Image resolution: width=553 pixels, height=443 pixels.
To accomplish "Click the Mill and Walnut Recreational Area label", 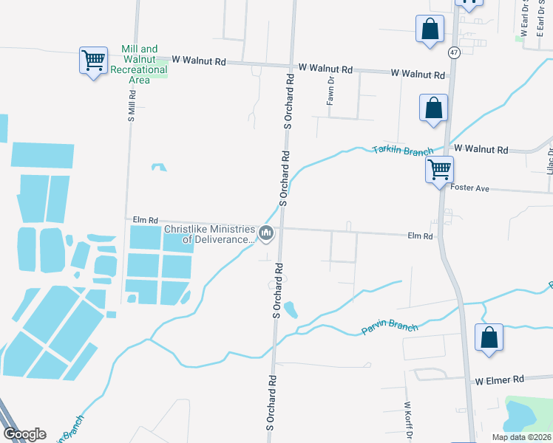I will pos(139,64).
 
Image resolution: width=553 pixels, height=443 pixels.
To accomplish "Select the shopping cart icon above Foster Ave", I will pos(439,170).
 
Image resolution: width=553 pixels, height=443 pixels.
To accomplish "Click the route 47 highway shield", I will pos(453,52).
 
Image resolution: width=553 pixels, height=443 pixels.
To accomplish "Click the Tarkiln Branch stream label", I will pos(402,151).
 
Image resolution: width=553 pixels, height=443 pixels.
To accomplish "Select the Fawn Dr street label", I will pos(332,90).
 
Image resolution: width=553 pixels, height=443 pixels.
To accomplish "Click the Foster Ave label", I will pos(469,188).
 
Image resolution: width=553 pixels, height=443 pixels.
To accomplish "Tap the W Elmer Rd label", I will pos(499,379).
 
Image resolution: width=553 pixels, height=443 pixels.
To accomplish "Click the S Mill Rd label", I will pos(132,106).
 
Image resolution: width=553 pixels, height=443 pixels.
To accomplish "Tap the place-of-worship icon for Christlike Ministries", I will pos(267,234).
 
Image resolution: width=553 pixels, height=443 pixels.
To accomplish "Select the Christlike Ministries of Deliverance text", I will pos(209,234).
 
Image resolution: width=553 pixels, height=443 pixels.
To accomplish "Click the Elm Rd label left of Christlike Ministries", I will pos(146,220).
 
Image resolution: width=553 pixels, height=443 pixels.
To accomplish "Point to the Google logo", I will pos(24,434).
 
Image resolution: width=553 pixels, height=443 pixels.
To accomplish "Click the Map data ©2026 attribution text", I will pos(520,437).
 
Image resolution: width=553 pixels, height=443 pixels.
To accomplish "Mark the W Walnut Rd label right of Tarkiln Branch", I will pos(481,149).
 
